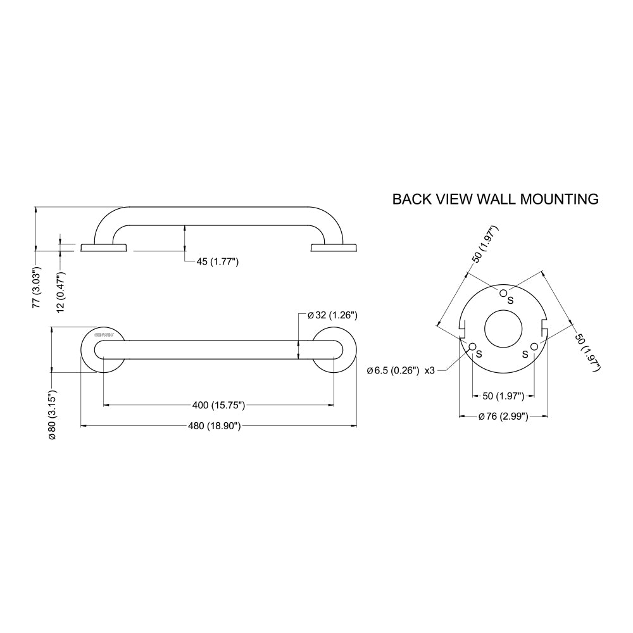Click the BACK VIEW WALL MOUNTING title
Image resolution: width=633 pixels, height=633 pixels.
495,199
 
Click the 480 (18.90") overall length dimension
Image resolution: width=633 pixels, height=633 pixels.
216,426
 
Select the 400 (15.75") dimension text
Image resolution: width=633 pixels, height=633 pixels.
219,404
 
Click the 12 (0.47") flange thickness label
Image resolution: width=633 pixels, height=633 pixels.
61,292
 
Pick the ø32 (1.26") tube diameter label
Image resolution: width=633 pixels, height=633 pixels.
333,315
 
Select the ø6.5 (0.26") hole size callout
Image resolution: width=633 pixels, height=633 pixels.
392,371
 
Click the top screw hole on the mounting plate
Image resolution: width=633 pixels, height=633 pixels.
503,292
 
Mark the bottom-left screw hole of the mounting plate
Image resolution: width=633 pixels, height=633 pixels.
472,346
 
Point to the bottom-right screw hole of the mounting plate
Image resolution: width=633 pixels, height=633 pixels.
534,346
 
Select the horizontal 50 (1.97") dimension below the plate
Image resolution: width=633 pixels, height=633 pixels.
503,396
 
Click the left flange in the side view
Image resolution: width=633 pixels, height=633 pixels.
104,248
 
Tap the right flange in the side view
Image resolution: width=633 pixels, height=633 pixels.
335,248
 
